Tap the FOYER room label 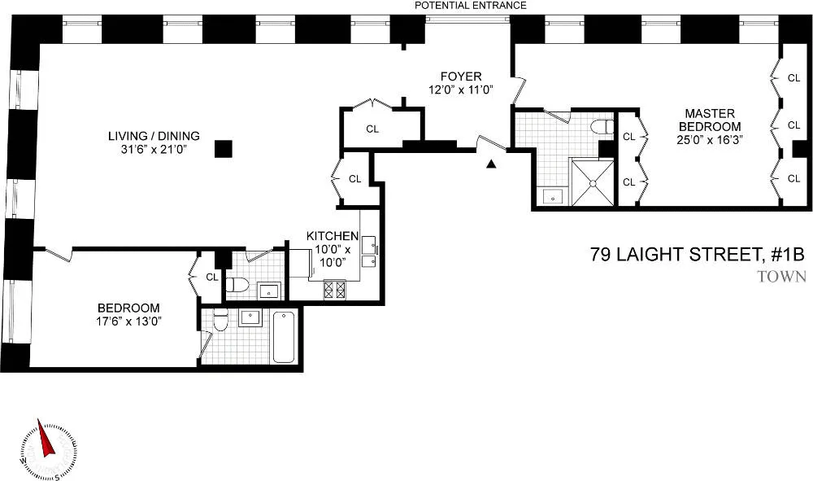tap(461, 77)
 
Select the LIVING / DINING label tap(154, 136)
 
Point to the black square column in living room tap(223, 149)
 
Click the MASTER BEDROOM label tap(712, 120)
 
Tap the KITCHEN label tap(332, 236)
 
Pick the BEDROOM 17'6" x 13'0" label tap(128, 314)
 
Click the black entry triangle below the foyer tap(490, 164)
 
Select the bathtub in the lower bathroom tap(284, 336)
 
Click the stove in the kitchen tap(335, 289)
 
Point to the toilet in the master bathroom tap(602, 128)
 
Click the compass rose tap(46, 448)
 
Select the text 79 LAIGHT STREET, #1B tap(698, 256)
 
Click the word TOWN tap(780, 277)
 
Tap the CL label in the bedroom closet tap(211, 277)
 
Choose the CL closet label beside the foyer tap(372, 129)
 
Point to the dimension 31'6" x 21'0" tap(154, 150)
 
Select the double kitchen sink tap(369, 251)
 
